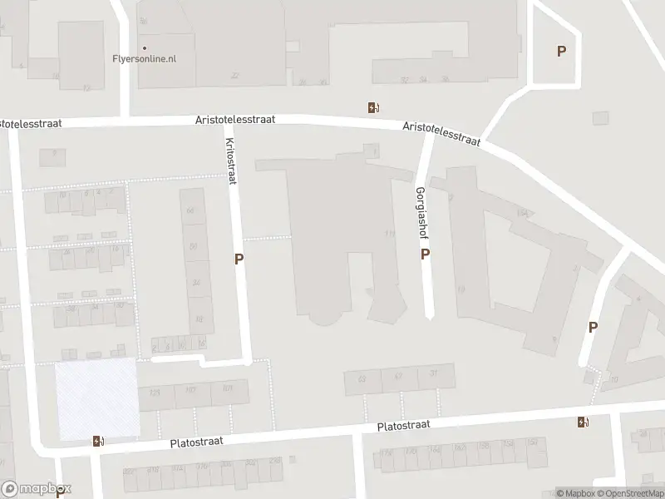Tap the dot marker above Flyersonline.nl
pos(144,48)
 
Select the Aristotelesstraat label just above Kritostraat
pos(235,120)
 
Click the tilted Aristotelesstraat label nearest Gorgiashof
pos(441,133)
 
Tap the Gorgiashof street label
pos(421,209)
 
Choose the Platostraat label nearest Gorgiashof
pos(403,424)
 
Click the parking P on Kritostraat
pos(239,259)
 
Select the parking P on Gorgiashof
pos(425,254)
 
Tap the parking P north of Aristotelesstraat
pos(561,52)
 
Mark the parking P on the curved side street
pos(593,327)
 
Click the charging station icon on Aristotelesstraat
pos(374,107)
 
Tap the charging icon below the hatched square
pos(98,441)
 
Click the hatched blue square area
pos(96,398)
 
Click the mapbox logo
pos(36,489)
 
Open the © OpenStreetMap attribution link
pos(631,493)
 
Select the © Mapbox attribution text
pos(576,493)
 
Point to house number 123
pos(154,392)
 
